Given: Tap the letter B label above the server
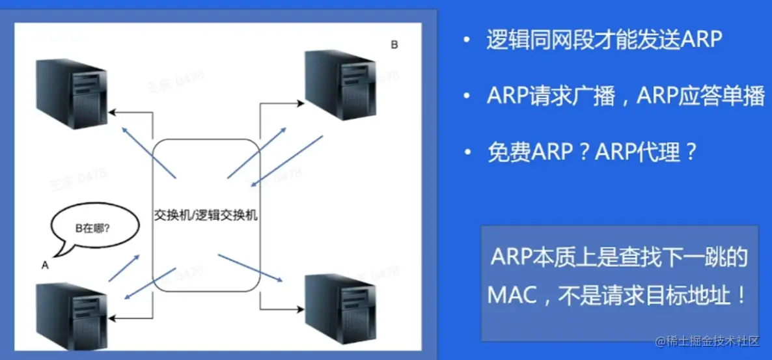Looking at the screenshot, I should [x=394, y=45].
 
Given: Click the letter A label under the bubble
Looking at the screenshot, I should [x=45, y=265].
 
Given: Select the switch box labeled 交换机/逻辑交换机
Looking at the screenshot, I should [x=206, y=215].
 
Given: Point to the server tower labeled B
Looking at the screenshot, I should [x=340, y=85].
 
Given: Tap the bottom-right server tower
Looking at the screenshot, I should [x=340, y=307].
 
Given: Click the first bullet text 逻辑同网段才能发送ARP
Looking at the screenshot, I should [x=604, y=40].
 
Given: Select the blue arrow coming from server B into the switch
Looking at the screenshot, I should [x=288, y=159].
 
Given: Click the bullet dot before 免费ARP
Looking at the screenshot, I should [x=465, y=153].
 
